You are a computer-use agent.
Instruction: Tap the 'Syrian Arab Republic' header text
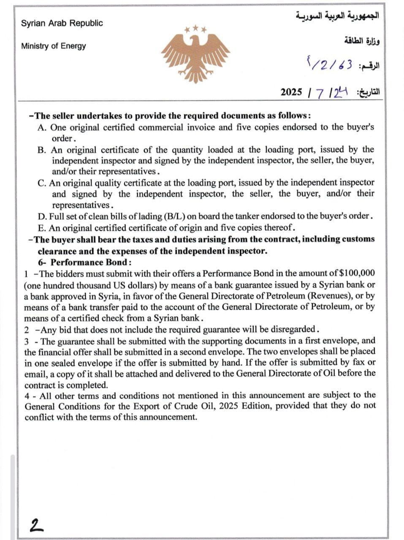pos(62,23)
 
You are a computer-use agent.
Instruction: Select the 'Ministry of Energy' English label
pos(54,46)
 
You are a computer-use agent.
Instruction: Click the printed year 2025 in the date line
pos(291,92)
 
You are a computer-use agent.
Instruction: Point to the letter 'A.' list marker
pos(42,127)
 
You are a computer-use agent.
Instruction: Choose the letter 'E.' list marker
pos(42,228)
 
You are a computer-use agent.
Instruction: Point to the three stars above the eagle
pos(195,30)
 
